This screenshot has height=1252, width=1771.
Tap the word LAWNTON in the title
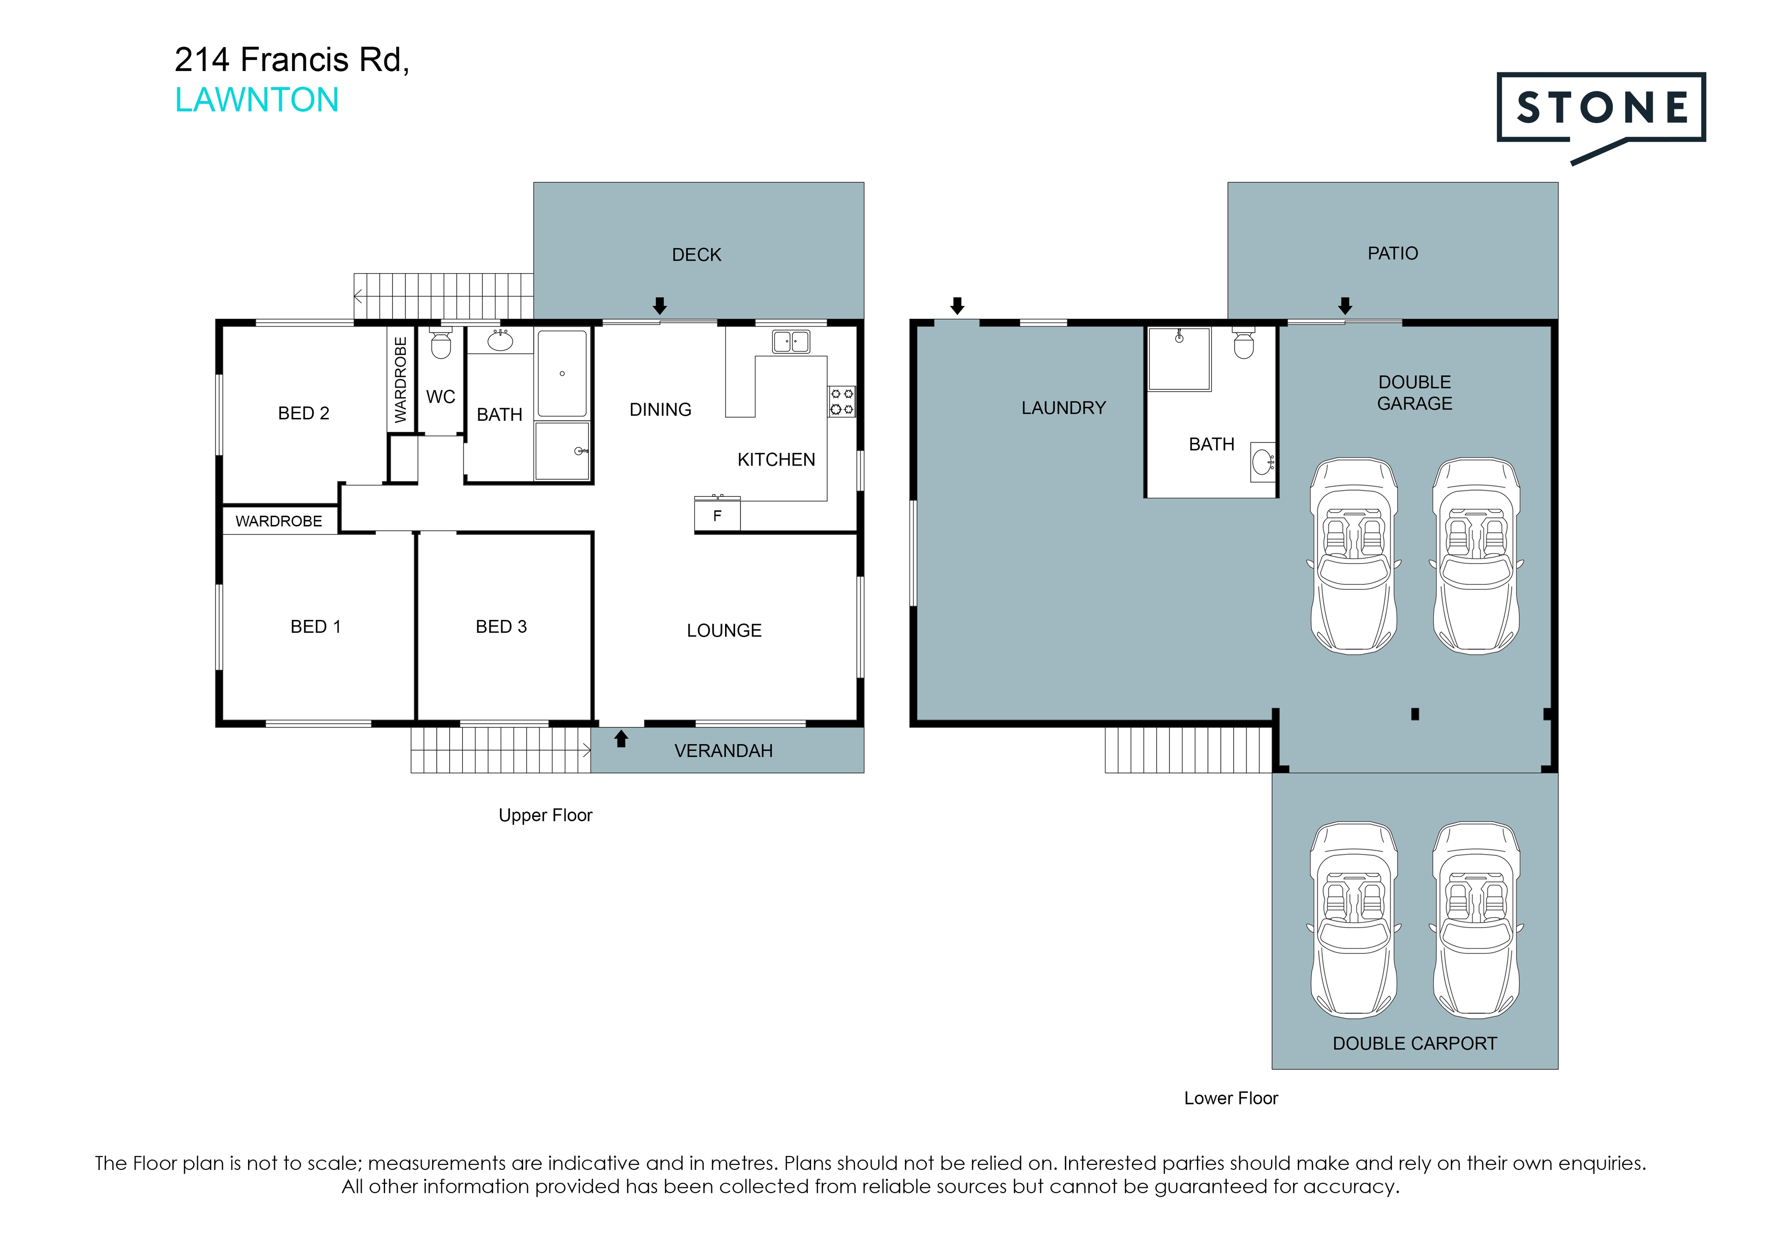(x=257, y=100)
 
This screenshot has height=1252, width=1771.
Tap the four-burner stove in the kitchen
(x=842, y=401)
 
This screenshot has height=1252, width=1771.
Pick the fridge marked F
(x=717, y=514)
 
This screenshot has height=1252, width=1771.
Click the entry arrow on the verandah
(x=621, y=739)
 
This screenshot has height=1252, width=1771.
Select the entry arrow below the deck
(x=660, y=305)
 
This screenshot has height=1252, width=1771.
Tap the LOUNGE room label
(x=724, y=631)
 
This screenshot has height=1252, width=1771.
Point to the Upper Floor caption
(x=545, y=816)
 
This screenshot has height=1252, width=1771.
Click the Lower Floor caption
(x=1231, y=1098)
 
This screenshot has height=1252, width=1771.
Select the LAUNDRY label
(x=1064, y=408)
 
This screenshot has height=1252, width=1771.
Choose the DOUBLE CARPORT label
(x=1414, y=1044)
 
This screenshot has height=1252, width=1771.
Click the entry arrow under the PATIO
(x=1345, y=305)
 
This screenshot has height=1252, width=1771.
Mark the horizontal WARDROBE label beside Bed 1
(x=279, y=521)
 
